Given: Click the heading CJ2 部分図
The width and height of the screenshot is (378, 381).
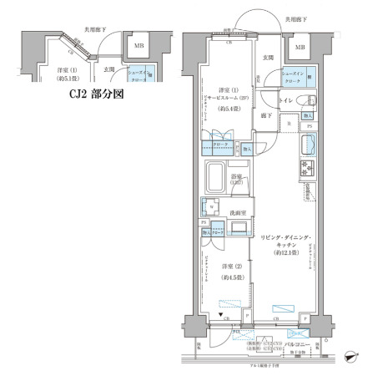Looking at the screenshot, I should pyautogui.click(x=95, y=94).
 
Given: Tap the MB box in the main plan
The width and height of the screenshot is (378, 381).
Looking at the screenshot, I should pyautogui.click(x=298, y=47).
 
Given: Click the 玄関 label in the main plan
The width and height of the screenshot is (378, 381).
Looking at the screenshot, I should pyautogui.click(x=268, y=58).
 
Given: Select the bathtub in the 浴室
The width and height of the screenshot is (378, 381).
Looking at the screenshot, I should pyautogui.click(x=223, y=178).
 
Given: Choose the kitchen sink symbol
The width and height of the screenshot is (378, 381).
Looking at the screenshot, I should pyautogui.click(x=307, y=145).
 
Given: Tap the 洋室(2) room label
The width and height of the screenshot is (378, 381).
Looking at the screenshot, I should pyautogui.click(x=225, y=266).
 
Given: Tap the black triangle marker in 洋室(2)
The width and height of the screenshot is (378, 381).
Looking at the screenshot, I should pyautogui.click(x=219, y=316).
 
